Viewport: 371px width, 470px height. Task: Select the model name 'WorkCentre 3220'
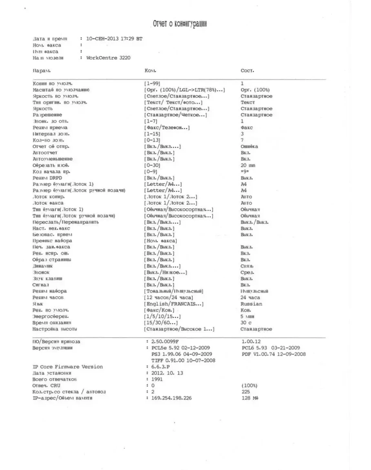point(108,58)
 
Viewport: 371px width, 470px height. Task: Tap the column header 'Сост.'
point(247,71)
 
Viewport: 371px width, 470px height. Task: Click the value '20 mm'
point(248,165)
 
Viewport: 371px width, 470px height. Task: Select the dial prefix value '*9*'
point(245,172)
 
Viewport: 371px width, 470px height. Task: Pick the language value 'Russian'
point(252,304)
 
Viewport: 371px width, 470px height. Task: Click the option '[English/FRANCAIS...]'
point(174,304)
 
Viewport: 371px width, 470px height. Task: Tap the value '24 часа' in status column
point(250,297)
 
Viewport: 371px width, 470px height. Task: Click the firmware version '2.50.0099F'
point(165,342)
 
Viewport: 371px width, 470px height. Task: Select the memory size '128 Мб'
point(250,398)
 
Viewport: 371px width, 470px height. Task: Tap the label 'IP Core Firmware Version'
point(68,367)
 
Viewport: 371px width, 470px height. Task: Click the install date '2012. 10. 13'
point(167,373)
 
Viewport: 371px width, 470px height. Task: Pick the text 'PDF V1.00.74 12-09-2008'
point(274,354)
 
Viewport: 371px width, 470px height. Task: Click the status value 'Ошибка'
point(250,146)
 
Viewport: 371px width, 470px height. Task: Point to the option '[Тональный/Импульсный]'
point(174,291)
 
